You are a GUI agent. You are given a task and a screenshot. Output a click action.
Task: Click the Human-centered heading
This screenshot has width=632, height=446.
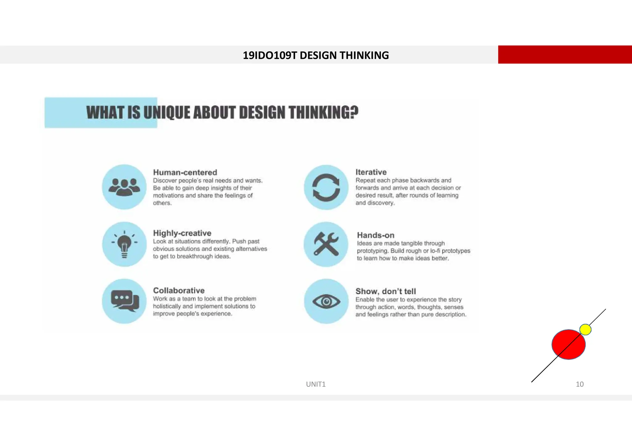coord(185,172)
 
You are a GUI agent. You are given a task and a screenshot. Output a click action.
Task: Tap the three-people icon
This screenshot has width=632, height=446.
coord(124,187)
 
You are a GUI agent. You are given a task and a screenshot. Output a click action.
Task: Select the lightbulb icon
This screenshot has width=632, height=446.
coord(124,244)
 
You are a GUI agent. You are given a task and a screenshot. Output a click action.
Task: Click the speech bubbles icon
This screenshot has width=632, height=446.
coord(124,301)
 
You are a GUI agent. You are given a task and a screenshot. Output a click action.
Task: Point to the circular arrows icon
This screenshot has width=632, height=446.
coord(326,187)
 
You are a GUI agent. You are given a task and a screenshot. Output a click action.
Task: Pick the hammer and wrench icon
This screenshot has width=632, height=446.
coord(326,244)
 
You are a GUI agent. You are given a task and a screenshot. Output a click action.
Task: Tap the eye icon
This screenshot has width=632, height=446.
coord(326,301)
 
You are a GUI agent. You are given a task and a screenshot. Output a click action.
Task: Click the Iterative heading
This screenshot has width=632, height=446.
coord(371,172)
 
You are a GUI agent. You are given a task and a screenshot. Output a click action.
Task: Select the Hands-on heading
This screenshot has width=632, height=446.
coord(376,235)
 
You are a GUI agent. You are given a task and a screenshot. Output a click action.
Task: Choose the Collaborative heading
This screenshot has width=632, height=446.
coord(179,290)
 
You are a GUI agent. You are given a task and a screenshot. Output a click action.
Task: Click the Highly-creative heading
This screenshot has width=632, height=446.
coord(182,233)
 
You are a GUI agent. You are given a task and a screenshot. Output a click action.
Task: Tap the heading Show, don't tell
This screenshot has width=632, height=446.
coord(385,291)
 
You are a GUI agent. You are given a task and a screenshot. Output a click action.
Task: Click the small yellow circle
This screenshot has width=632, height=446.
coord(585,329)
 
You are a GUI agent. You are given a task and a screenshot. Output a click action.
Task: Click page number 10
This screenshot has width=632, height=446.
coord(580,384)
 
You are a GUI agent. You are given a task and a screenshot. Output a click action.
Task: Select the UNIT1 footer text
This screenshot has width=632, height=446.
coord(316,384)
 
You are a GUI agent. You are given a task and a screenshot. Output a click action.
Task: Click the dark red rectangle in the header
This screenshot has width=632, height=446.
coord(565,55)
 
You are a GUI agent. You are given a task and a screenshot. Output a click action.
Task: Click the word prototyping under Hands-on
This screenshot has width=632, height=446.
coord(372,251)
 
